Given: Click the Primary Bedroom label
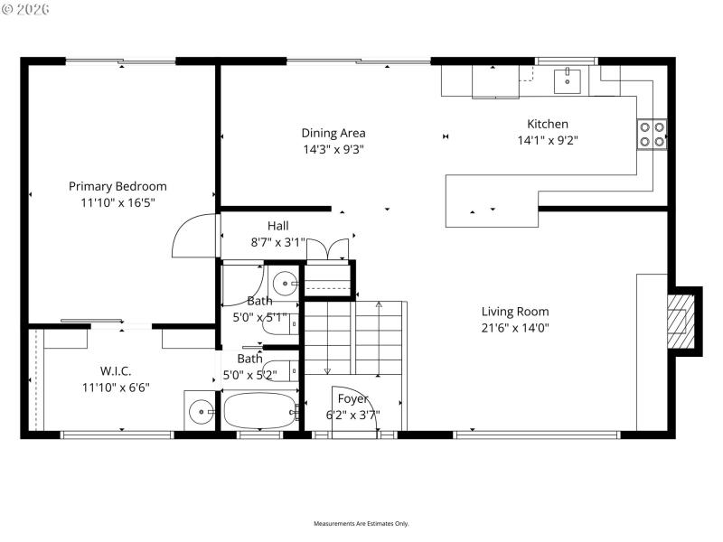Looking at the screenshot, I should (x=117, y=186).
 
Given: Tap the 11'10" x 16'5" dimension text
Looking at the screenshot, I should (x=117, y=203).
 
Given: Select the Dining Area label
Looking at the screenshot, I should (x=333, y=133).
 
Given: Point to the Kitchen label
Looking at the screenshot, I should (x=548, y=124).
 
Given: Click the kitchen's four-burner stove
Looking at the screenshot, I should (x=653, y=134).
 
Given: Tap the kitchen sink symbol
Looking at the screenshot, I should (x=568, y=79).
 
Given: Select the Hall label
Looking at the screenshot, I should (x=277, y=225).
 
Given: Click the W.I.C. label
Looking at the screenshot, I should (x=117, y=370).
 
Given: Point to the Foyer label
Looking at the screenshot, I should (x=352, y=398).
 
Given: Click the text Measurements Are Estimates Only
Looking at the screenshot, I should (x=361, y=524).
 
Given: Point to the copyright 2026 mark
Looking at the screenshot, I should (x=26, y=9).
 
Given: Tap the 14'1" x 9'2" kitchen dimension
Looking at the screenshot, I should (x=548, y=140).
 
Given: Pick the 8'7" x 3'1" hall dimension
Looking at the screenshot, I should (x=277, y=242).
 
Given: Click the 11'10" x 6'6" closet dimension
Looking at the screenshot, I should (x=117, y=388).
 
